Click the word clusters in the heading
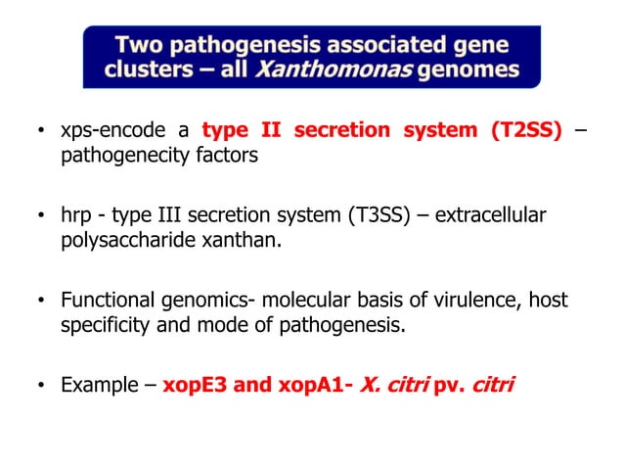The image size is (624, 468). (146, 70)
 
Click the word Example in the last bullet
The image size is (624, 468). (97, 385)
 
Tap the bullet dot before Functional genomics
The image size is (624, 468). (40, 302)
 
